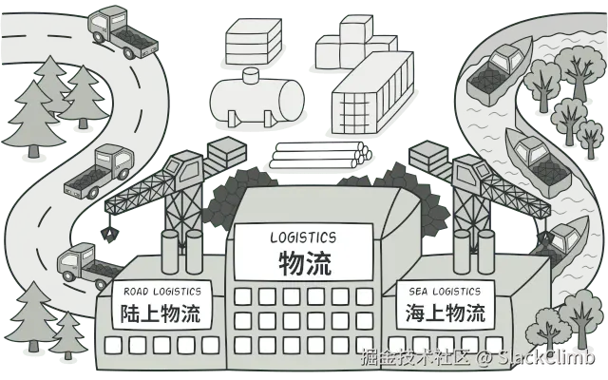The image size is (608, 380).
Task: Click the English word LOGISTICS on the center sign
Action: click(304, 237)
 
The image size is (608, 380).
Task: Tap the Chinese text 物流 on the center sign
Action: click(304, 262)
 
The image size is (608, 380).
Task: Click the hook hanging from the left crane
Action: click(113, 231)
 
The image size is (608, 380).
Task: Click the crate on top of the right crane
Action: click(429, 155)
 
